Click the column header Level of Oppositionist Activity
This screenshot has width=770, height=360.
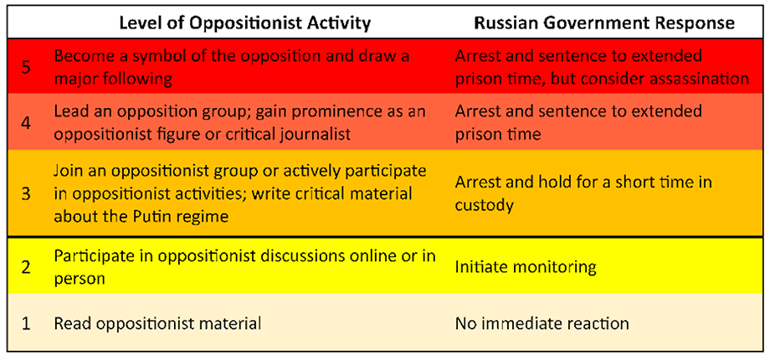pyautogui.click(x=244, y=23)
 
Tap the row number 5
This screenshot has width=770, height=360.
pyautogui.click(x=28, y=67)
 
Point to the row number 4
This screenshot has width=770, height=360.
pyautogui.click(x=28, y=123)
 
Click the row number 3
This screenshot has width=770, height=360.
pyautogui.click(x=28, y=194)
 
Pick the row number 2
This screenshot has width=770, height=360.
pyautogui.click(x=28, y=268)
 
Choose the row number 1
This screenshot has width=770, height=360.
pyautogui.click(x=28, y=324)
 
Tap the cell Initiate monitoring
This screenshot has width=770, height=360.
pyautogui.click(x=526, y=268)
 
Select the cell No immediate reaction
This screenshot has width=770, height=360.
pyautogui.click(x=542, y=324)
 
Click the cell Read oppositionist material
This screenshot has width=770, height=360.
pyautogui.click(x=157, y=324)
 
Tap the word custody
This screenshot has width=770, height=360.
pyautogui.click(x=485, y=205)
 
